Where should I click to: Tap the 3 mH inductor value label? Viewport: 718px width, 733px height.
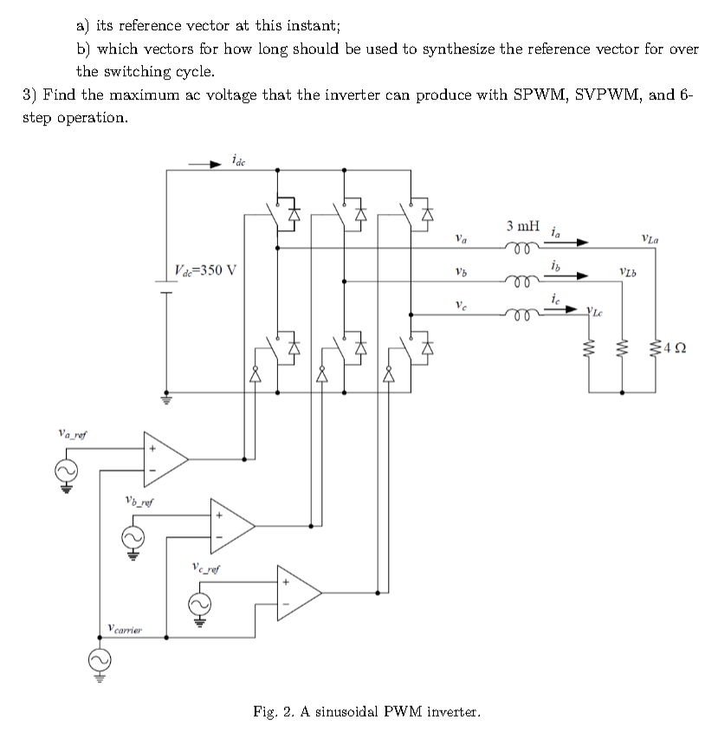[x=524, y=227]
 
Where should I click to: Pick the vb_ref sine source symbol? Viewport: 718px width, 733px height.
[x=133, y=537]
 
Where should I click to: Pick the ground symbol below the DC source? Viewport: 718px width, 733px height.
[x=165, y=399]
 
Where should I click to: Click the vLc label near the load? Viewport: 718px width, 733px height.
[x=594, y=310]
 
